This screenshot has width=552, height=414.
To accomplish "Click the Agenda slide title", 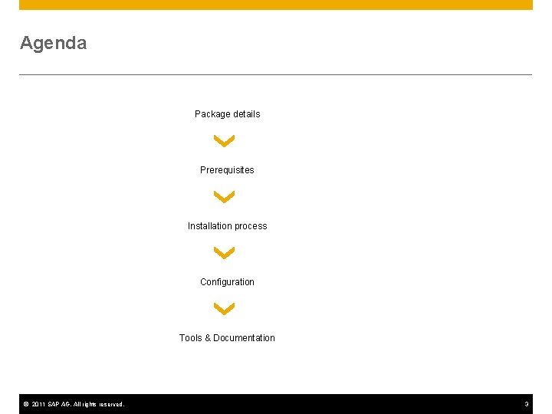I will [x=53, y=43].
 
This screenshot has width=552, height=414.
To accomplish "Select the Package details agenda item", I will [x=227, y=114].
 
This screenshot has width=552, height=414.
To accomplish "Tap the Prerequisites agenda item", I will [x=227, y=170].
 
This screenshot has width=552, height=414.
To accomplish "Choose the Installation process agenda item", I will [x=227, y=226].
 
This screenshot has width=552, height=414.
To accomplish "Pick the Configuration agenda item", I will [x=227, y=282].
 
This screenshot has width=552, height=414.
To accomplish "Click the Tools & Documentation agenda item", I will [x=227, y=338].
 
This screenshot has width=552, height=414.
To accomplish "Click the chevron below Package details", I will [x=225, y=141].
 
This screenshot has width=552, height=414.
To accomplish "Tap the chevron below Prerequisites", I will [x=225, y=197].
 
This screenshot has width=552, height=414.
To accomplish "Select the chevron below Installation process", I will [x=225, y=253].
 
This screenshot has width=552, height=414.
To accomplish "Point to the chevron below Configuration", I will [x=225, y=309].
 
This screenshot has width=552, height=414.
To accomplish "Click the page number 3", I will [x=527, y=404].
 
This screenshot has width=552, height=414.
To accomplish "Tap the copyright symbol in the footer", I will [x=25, y=404].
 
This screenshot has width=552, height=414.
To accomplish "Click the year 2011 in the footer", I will [x=39, y=404].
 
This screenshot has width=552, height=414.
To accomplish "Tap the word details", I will [x=246, y=114].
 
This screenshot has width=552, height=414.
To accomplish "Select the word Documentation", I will [x=244, y=338].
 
